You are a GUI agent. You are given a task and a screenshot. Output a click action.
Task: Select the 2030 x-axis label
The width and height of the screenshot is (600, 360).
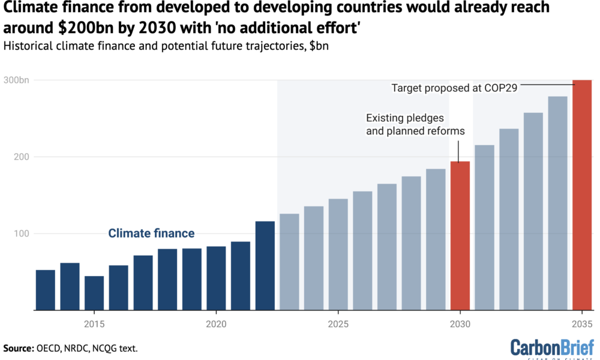point(460,323)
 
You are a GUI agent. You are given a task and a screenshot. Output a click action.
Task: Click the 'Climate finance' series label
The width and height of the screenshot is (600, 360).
point(151,233)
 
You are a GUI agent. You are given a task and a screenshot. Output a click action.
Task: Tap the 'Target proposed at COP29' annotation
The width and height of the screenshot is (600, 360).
point(454,88)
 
